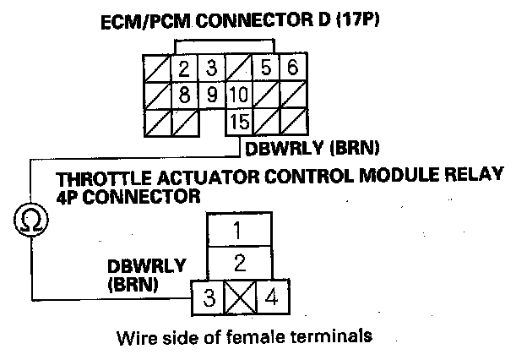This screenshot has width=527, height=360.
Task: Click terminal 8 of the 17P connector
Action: pyautogui.click(x=183, y=94)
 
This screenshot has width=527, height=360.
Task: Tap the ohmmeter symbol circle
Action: pyautogui.click(x=31, y=221)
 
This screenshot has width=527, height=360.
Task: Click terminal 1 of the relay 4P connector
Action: pyautogui.click(x=239, y=229)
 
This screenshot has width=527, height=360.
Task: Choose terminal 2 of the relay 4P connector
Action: pyautogui.click(x=239, y=260)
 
